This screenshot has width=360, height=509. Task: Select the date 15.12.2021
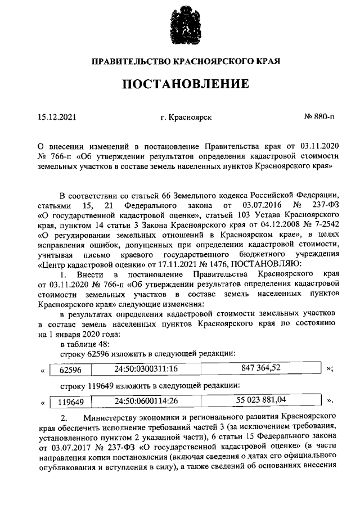[x=56, y=118]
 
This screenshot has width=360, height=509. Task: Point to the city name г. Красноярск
[x=186, y=118]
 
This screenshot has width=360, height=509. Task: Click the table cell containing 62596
[x=70, y=370]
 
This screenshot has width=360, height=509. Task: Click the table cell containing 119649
[x=70, y=402]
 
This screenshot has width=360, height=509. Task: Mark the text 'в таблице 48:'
[x=86, y=344]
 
